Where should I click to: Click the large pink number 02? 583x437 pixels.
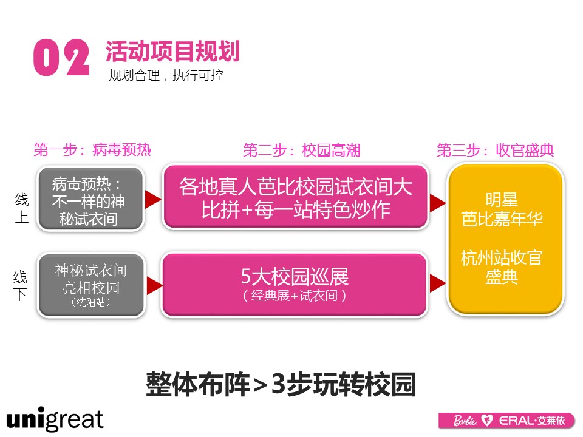click(61, 58)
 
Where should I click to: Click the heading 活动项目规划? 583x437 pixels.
click(172, 51)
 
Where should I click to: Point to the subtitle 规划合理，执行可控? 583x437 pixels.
click(166, 75)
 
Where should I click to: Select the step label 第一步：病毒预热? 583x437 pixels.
click(92, 150)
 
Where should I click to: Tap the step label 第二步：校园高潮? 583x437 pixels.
click(302, 150)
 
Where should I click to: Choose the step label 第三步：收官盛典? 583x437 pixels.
click(496, 150)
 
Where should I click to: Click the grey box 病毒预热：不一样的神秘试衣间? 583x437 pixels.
click(90, 199)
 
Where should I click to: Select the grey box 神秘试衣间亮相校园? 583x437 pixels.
click(91, 285)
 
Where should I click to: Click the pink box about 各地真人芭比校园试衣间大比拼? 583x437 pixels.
click(296, 196)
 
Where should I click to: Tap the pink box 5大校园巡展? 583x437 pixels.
click(295, 285)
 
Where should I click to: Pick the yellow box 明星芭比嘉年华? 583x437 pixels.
click(506, 240)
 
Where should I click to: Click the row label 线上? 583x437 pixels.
click(22, 208)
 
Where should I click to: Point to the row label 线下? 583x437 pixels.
click(20, 285)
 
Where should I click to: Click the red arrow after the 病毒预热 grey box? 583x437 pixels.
click(153, 199)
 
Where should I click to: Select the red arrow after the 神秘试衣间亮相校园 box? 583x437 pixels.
click(155, 286)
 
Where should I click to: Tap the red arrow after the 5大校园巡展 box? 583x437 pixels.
click(438, 283)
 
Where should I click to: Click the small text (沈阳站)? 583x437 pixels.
click(90, 302)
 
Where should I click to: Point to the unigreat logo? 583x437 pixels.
click(55, 419)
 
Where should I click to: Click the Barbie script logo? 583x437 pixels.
click(465, 421)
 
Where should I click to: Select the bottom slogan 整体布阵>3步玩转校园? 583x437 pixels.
click(281, 384)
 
